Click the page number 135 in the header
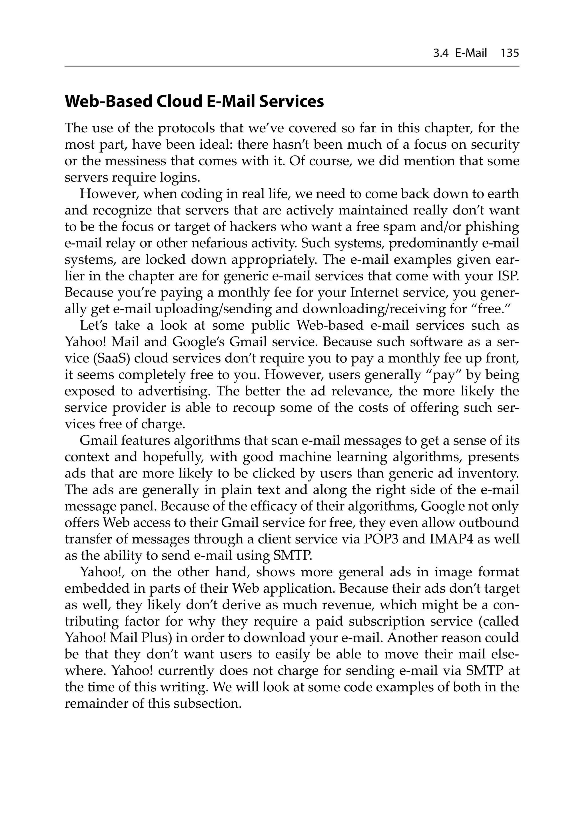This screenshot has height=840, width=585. [509, 53]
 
